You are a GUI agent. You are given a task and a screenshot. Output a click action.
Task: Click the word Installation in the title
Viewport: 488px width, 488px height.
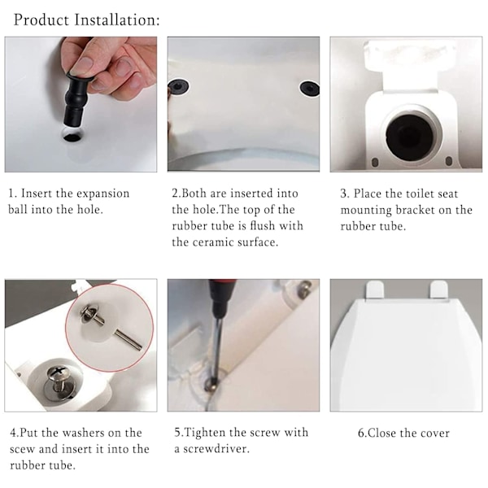[x=116, y=20]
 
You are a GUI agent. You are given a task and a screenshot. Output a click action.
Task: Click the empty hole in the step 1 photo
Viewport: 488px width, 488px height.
[x=73, y=135]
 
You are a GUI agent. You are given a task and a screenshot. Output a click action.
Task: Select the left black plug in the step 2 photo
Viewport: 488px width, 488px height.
[x=178, y=86]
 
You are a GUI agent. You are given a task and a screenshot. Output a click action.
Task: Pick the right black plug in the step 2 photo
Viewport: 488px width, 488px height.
[x=309, y=88]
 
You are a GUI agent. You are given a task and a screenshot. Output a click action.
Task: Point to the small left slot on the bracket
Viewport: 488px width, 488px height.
[x=375, y=162]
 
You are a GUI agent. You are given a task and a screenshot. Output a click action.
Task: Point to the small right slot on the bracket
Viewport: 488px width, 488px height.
[x=449, y=161]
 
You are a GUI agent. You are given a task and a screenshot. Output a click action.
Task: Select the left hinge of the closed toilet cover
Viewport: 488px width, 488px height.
[x=375, y=290]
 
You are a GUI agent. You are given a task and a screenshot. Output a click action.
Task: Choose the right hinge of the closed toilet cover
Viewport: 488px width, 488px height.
[x=439, y=290]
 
